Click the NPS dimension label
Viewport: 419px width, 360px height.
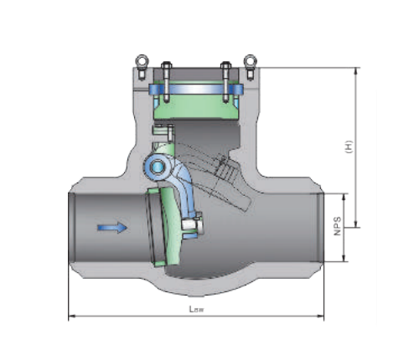pyautogui.click(x=338, y=227)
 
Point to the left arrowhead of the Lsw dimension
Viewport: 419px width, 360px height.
pyautogui.click(x=70, y=316)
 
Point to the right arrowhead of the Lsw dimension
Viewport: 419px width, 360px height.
pyautogui.click(x=321, y=316)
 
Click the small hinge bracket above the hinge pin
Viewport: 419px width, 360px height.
pyautogui.click(x=162, y=131)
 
